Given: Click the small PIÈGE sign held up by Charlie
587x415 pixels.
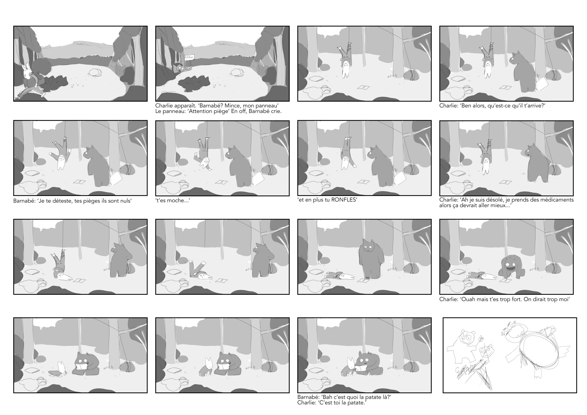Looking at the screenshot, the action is [x=189, y=58].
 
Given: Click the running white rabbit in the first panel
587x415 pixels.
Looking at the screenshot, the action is [x=33, y=80].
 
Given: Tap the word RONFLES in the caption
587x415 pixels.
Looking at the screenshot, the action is [x=343, y=200].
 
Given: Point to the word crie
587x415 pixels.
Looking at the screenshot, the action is [x=276, y=111].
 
